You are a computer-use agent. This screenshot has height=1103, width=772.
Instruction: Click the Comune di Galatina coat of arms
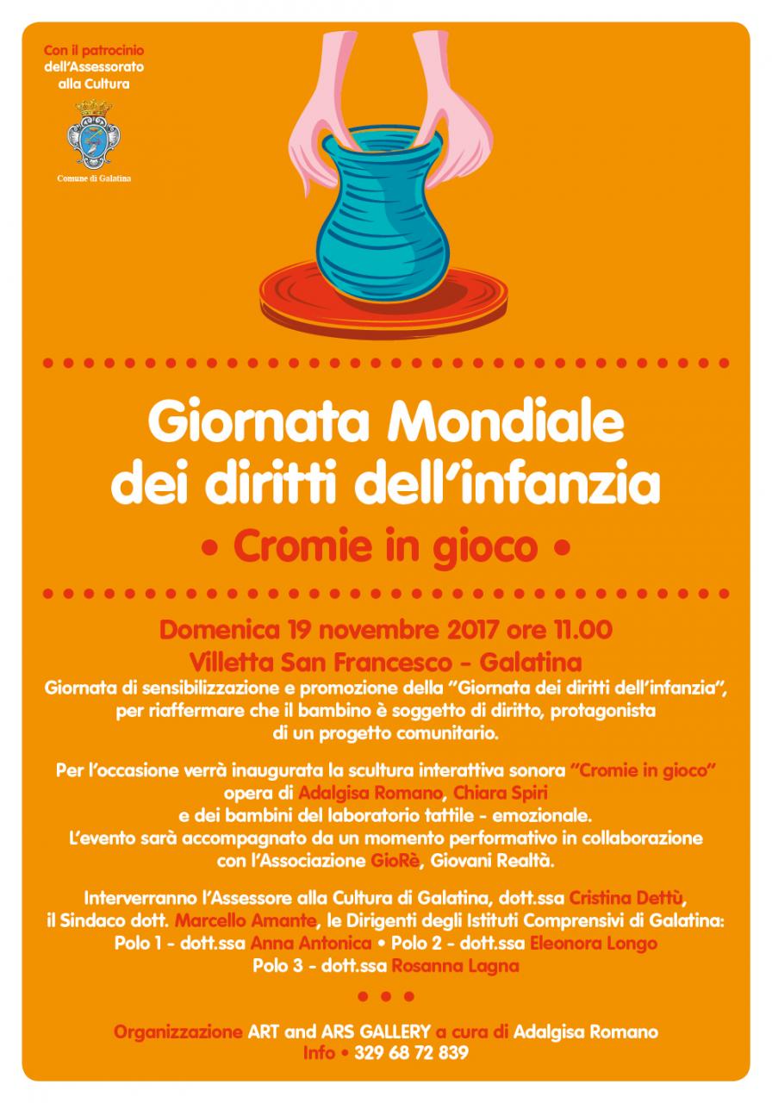(x=92, y=134)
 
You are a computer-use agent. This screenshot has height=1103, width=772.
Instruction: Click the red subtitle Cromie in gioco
(x=385, y=546)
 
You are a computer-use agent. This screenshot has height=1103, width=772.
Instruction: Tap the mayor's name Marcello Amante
(x=240, y=922)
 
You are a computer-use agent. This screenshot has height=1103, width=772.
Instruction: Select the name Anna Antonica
(x=311, y=944)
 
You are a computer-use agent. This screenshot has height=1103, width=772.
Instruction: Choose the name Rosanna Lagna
(x=455, y=966)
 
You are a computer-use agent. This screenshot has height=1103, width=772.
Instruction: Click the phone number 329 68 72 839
(x=411, y=1052)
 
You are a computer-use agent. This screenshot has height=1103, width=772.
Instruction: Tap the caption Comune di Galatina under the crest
(x=93, y=178)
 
